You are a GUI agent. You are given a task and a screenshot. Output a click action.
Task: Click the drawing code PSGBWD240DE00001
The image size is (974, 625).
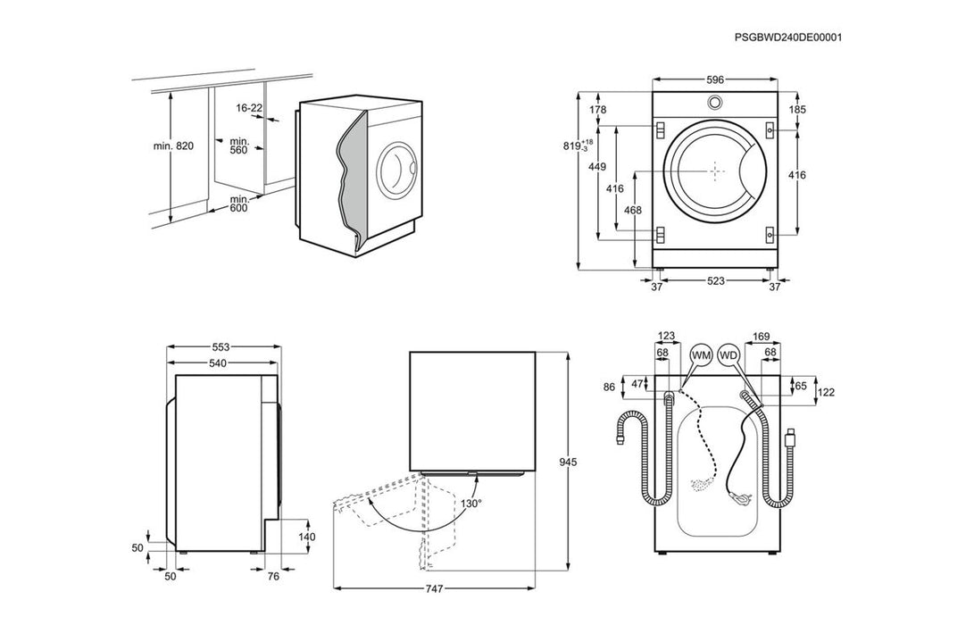(x=788, y=37)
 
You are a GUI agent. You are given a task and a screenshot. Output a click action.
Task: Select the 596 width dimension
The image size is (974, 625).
(x=715, y=79)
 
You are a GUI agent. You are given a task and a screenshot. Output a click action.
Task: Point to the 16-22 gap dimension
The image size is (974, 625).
(x=249, y=108)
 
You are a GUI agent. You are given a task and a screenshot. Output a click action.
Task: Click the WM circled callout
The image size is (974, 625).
(x=701, y=355)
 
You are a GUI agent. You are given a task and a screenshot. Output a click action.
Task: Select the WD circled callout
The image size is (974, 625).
(x=729, y=355)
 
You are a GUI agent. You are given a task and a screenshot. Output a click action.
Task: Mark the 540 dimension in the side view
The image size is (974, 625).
(x=217, y=363)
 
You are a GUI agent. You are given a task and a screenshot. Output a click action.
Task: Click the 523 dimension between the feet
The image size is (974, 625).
(x=715, y=281)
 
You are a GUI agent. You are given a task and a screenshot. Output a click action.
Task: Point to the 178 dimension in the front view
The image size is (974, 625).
(x=598, y=110)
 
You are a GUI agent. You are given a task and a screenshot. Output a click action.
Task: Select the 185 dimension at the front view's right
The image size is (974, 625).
(x=797, y=110)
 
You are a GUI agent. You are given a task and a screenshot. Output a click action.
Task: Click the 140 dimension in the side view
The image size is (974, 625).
(x=306, y=537)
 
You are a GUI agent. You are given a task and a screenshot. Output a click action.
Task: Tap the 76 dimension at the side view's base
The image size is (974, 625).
(x=273, y=577)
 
